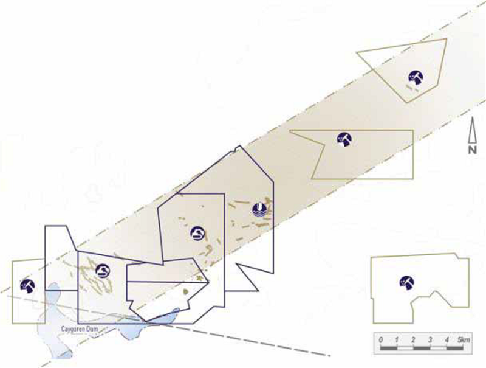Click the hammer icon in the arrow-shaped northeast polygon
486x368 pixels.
point(416,77)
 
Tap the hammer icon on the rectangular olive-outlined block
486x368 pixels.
point(344,139)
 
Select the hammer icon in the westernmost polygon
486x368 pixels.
point(27,286)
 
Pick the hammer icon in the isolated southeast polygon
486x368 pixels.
point(406,283)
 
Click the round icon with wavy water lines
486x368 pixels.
point(260,210)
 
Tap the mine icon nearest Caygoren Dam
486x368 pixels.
point(103,271)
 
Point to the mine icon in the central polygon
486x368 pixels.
point(198,234)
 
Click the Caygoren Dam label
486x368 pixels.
point(80,329)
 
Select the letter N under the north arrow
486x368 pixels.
point(473,150)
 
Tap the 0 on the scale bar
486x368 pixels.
point(381,340)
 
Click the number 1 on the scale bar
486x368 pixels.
point(397,340)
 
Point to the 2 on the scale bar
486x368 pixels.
point(414,340)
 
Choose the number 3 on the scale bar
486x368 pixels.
point(430,340)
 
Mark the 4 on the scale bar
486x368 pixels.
point(447,340)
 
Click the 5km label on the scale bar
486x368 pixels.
point(464,340)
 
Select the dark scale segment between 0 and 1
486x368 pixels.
point(389,348)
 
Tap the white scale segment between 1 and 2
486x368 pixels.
point(405,348)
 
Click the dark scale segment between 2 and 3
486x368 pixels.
point(422,348)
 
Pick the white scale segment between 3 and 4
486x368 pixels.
point(438,348)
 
